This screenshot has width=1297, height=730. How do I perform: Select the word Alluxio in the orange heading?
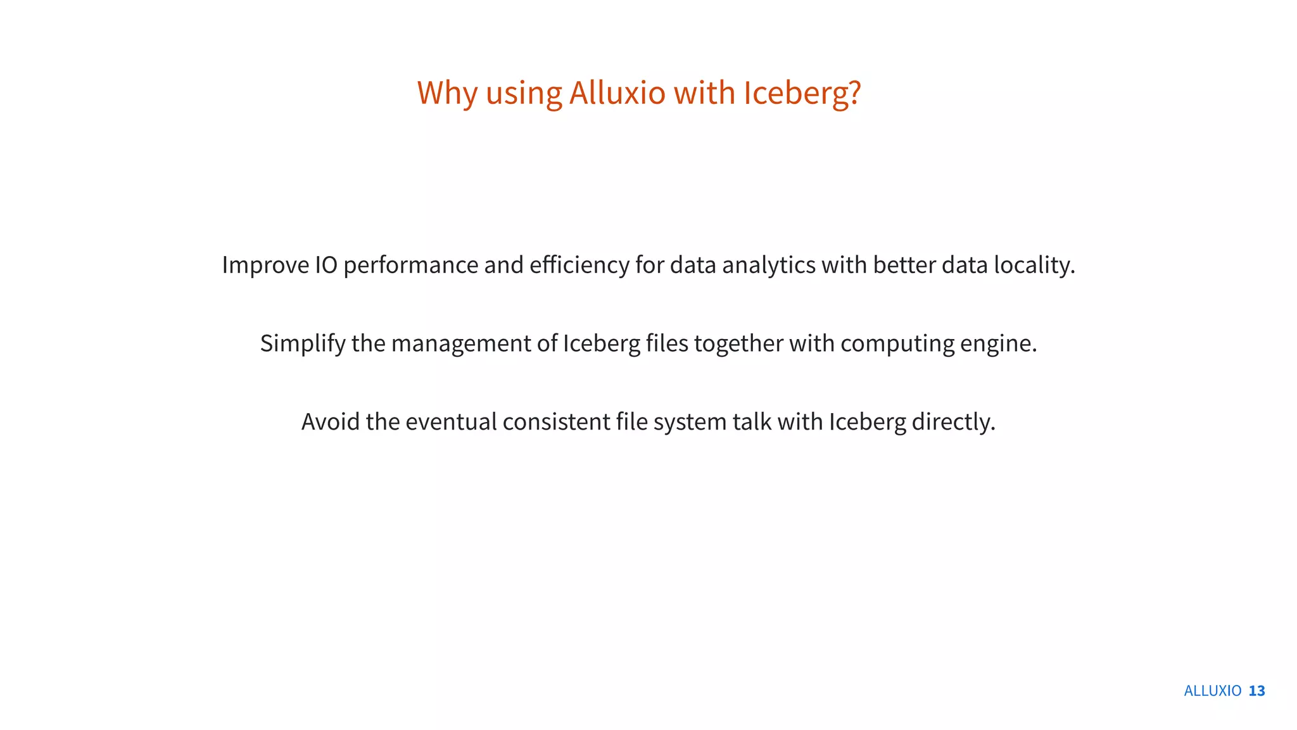click(617, 93)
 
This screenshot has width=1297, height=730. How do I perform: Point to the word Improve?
click(265, 265)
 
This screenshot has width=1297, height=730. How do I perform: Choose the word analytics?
click(768, 265)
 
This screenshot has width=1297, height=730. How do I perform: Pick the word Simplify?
click(303, 343)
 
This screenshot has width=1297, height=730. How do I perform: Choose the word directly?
click(953, 422)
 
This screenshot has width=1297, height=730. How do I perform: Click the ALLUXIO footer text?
click(1212, 691)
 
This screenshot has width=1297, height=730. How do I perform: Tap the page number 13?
click(1256, 691)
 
